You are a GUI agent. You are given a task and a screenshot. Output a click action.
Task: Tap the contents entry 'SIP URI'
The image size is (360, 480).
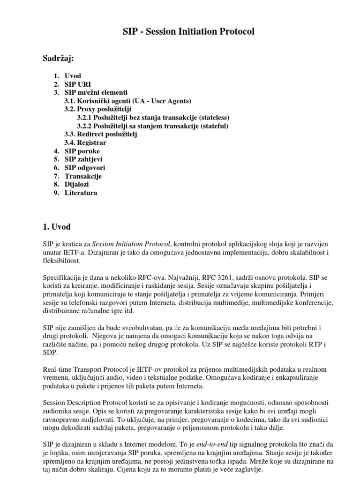[x=77, y=84]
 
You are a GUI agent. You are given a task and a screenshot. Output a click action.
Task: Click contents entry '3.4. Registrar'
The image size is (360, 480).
[x=85, y=142]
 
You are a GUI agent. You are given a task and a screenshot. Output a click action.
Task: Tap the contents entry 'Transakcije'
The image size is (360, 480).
[x=83, y=176]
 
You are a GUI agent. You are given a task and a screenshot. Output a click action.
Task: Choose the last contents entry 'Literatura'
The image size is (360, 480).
[x=81, y=193]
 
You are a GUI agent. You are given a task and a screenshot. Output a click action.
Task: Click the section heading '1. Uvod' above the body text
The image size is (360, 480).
[x=57, y=227]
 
